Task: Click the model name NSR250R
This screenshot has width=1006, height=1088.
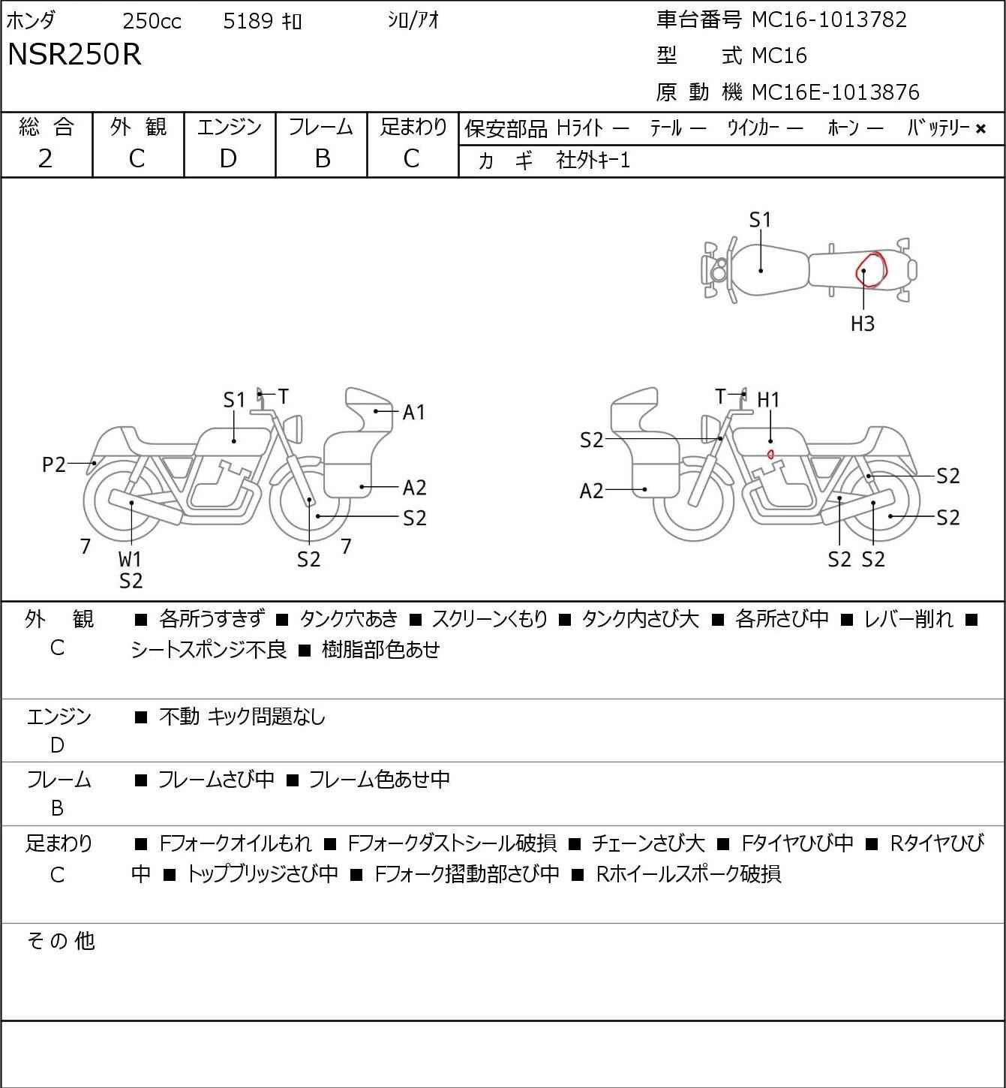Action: tap(74, 54)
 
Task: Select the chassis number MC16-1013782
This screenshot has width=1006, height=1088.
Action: tap(829, 20)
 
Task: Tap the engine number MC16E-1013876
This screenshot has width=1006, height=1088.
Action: tap(835, 92)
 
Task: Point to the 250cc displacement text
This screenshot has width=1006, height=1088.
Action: tap(152, 21)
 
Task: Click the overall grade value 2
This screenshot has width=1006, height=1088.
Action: tap(46, 159)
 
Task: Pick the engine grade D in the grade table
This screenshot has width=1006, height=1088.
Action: tap(229, 159)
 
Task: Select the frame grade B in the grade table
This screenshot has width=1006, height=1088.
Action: tap(322, 159)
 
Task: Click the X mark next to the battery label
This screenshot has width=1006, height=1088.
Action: tap(980, 129)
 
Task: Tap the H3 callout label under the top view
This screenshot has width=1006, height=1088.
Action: tap(863, 323)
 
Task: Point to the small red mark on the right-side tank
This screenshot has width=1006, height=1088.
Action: tap(771, 454)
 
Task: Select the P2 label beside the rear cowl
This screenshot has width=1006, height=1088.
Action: tap(54, 464)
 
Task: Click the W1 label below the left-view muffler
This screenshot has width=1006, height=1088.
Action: tap(130, 559)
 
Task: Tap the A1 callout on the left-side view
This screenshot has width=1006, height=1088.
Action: tap(413, 413)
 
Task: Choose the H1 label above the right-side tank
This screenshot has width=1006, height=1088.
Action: tap(768, 400)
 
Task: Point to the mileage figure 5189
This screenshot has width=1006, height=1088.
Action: tap(248, 21)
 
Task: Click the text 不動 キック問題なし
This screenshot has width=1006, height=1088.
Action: tap(242, 717)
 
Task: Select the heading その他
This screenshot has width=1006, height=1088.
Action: tap(61, 941)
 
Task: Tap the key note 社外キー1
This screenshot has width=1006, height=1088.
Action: tap(593, 161)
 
